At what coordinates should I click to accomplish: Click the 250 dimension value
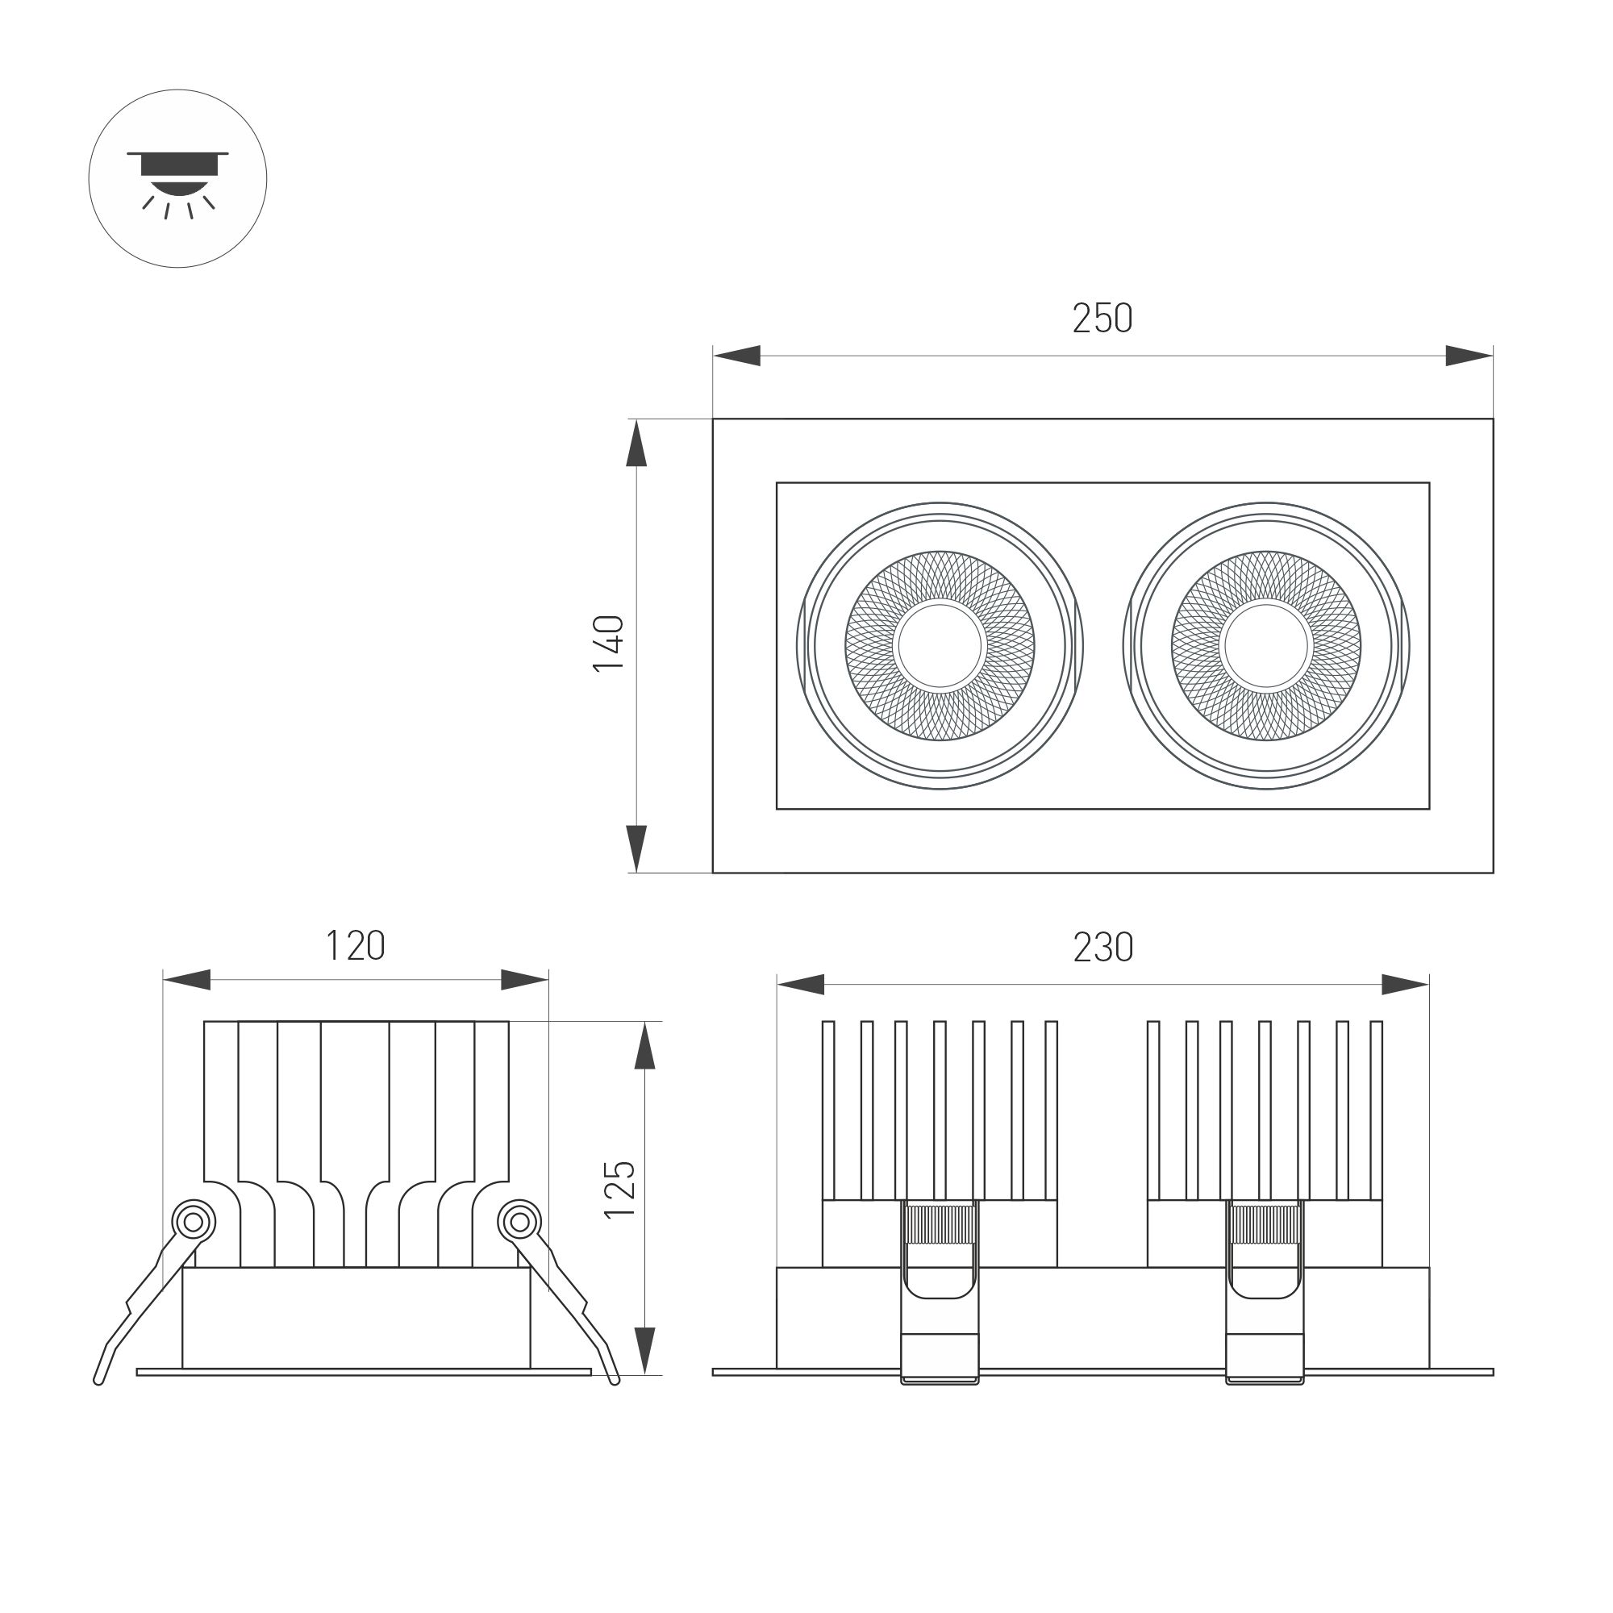[1102, 318]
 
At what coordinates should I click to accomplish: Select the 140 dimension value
[609, 643]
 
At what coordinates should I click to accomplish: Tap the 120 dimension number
[355, 946]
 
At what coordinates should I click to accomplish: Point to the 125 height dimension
[619, 1190]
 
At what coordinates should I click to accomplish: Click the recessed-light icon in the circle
[177, 179]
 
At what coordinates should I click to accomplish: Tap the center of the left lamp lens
[940, 645]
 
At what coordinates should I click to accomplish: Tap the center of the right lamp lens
[1266, 645]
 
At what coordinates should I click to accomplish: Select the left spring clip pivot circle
[193, 1223]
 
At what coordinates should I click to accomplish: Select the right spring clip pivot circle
[519, 1223]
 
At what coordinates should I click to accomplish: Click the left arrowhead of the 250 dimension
[736, 356]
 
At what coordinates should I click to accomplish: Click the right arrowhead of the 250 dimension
[1469, 356]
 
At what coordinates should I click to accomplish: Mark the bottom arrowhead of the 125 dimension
[644, 1350]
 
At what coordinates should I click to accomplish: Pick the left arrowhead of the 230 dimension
[800, 984]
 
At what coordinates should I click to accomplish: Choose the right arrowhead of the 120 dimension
[525, 980]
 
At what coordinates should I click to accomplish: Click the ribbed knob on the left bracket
[940, 1225]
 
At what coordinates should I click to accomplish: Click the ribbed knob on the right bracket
[1265, 1225]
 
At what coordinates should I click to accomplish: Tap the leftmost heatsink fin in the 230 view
[828, 1111]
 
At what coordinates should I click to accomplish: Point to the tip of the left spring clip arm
[99, 1380]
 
